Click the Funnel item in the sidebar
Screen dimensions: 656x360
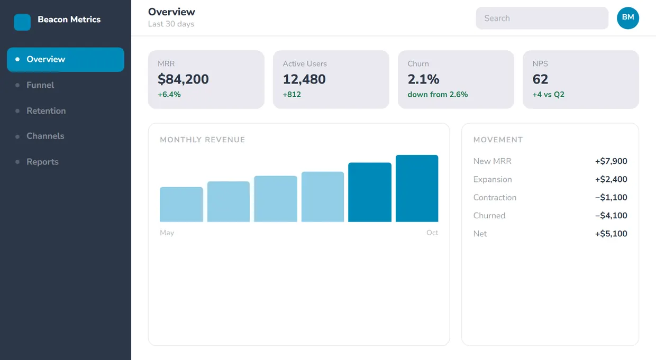point(40,85)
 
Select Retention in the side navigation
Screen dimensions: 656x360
point(46,111)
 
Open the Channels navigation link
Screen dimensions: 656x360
point(45,136)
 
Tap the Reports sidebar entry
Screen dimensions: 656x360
point(42,162)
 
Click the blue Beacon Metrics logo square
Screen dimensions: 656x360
point(22,22)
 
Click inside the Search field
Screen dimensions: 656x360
point(542,18)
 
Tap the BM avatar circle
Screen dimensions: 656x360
point(628,18)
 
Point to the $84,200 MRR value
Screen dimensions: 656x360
point(184,79)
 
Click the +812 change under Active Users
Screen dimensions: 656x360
point(291,95)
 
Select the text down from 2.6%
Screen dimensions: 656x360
point(438,95)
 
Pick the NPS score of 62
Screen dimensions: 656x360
point(540,79)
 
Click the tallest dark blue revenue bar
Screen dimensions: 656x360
point(417,188)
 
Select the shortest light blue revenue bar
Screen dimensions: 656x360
point(181,204)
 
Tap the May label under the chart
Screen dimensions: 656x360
point(167,233)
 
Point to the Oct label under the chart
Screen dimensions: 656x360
point(432,233)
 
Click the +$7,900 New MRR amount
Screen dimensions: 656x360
point(611,161)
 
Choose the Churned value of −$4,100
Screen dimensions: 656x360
point(611,216)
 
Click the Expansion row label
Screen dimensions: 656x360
point(493,179)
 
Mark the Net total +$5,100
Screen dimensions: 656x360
point(611,234)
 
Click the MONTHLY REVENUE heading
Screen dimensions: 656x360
point(203,140)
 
